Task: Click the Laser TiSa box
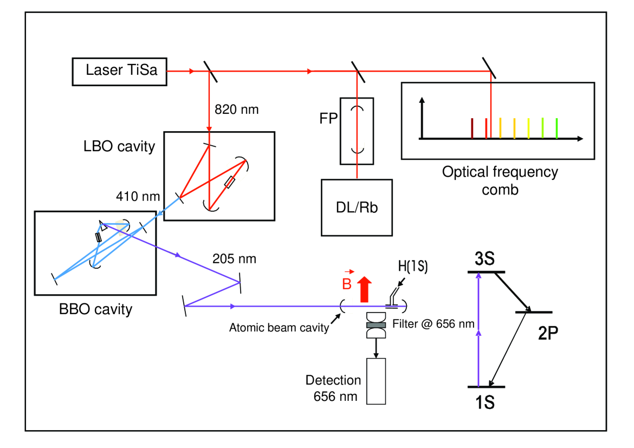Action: tap(119, 72)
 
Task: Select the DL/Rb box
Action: tap(357, 207)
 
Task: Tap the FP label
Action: tap(328, 119)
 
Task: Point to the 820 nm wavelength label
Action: tap(237, 109)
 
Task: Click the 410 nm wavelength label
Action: tap(138, 197)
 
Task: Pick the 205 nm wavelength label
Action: tap(234, 259)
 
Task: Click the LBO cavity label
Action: tap(119, 146)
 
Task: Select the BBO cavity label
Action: tap(96, 309)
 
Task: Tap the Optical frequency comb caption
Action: tap(500, 180)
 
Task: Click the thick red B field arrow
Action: tap(364, 289)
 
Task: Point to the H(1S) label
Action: tap(413, 266)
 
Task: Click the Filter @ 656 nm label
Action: tap(433, 324)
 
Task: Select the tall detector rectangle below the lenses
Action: tap(376, 381)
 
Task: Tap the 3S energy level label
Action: tap(484, 259)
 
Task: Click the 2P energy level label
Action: tap(548, 333)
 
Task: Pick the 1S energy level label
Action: tap(485, 402)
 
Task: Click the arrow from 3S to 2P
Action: tap(513, 292)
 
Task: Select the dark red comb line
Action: tap(472, 128)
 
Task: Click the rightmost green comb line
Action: tap(557, 128)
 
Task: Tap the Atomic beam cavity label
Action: tap(279, 328)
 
